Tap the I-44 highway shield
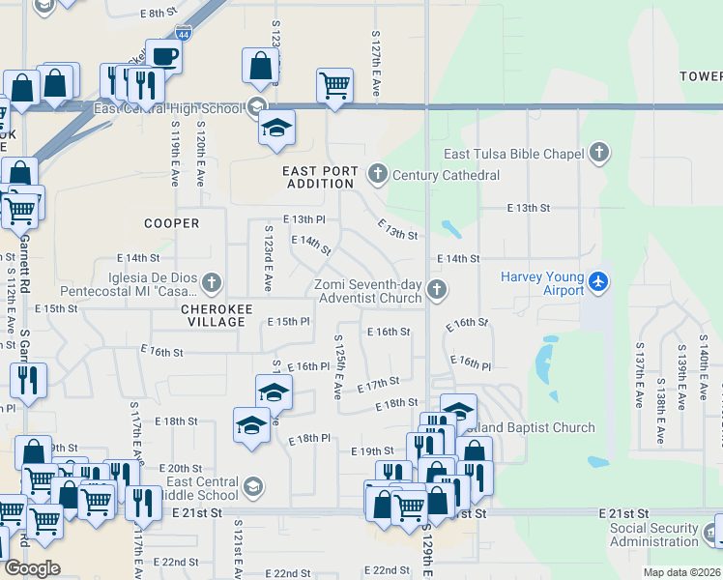tap(184, 33)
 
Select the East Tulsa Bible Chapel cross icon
tap(599, 152)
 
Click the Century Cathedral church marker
tap(377, 174)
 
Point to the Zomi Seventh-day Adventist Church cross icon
tap(437, 288)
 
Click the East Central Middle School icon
tap(252, 486)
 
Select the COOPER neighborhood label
tap(171, 223)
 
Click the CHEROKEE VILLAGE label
tap(217, 309)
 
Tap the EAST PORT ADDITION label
tap(320, 177)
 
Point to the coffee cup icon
tap(164, 54)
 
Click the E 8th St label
tap(160, 14)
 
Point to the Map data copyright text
tap(681, 572)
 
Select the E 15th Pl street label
tap(288, 321)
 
